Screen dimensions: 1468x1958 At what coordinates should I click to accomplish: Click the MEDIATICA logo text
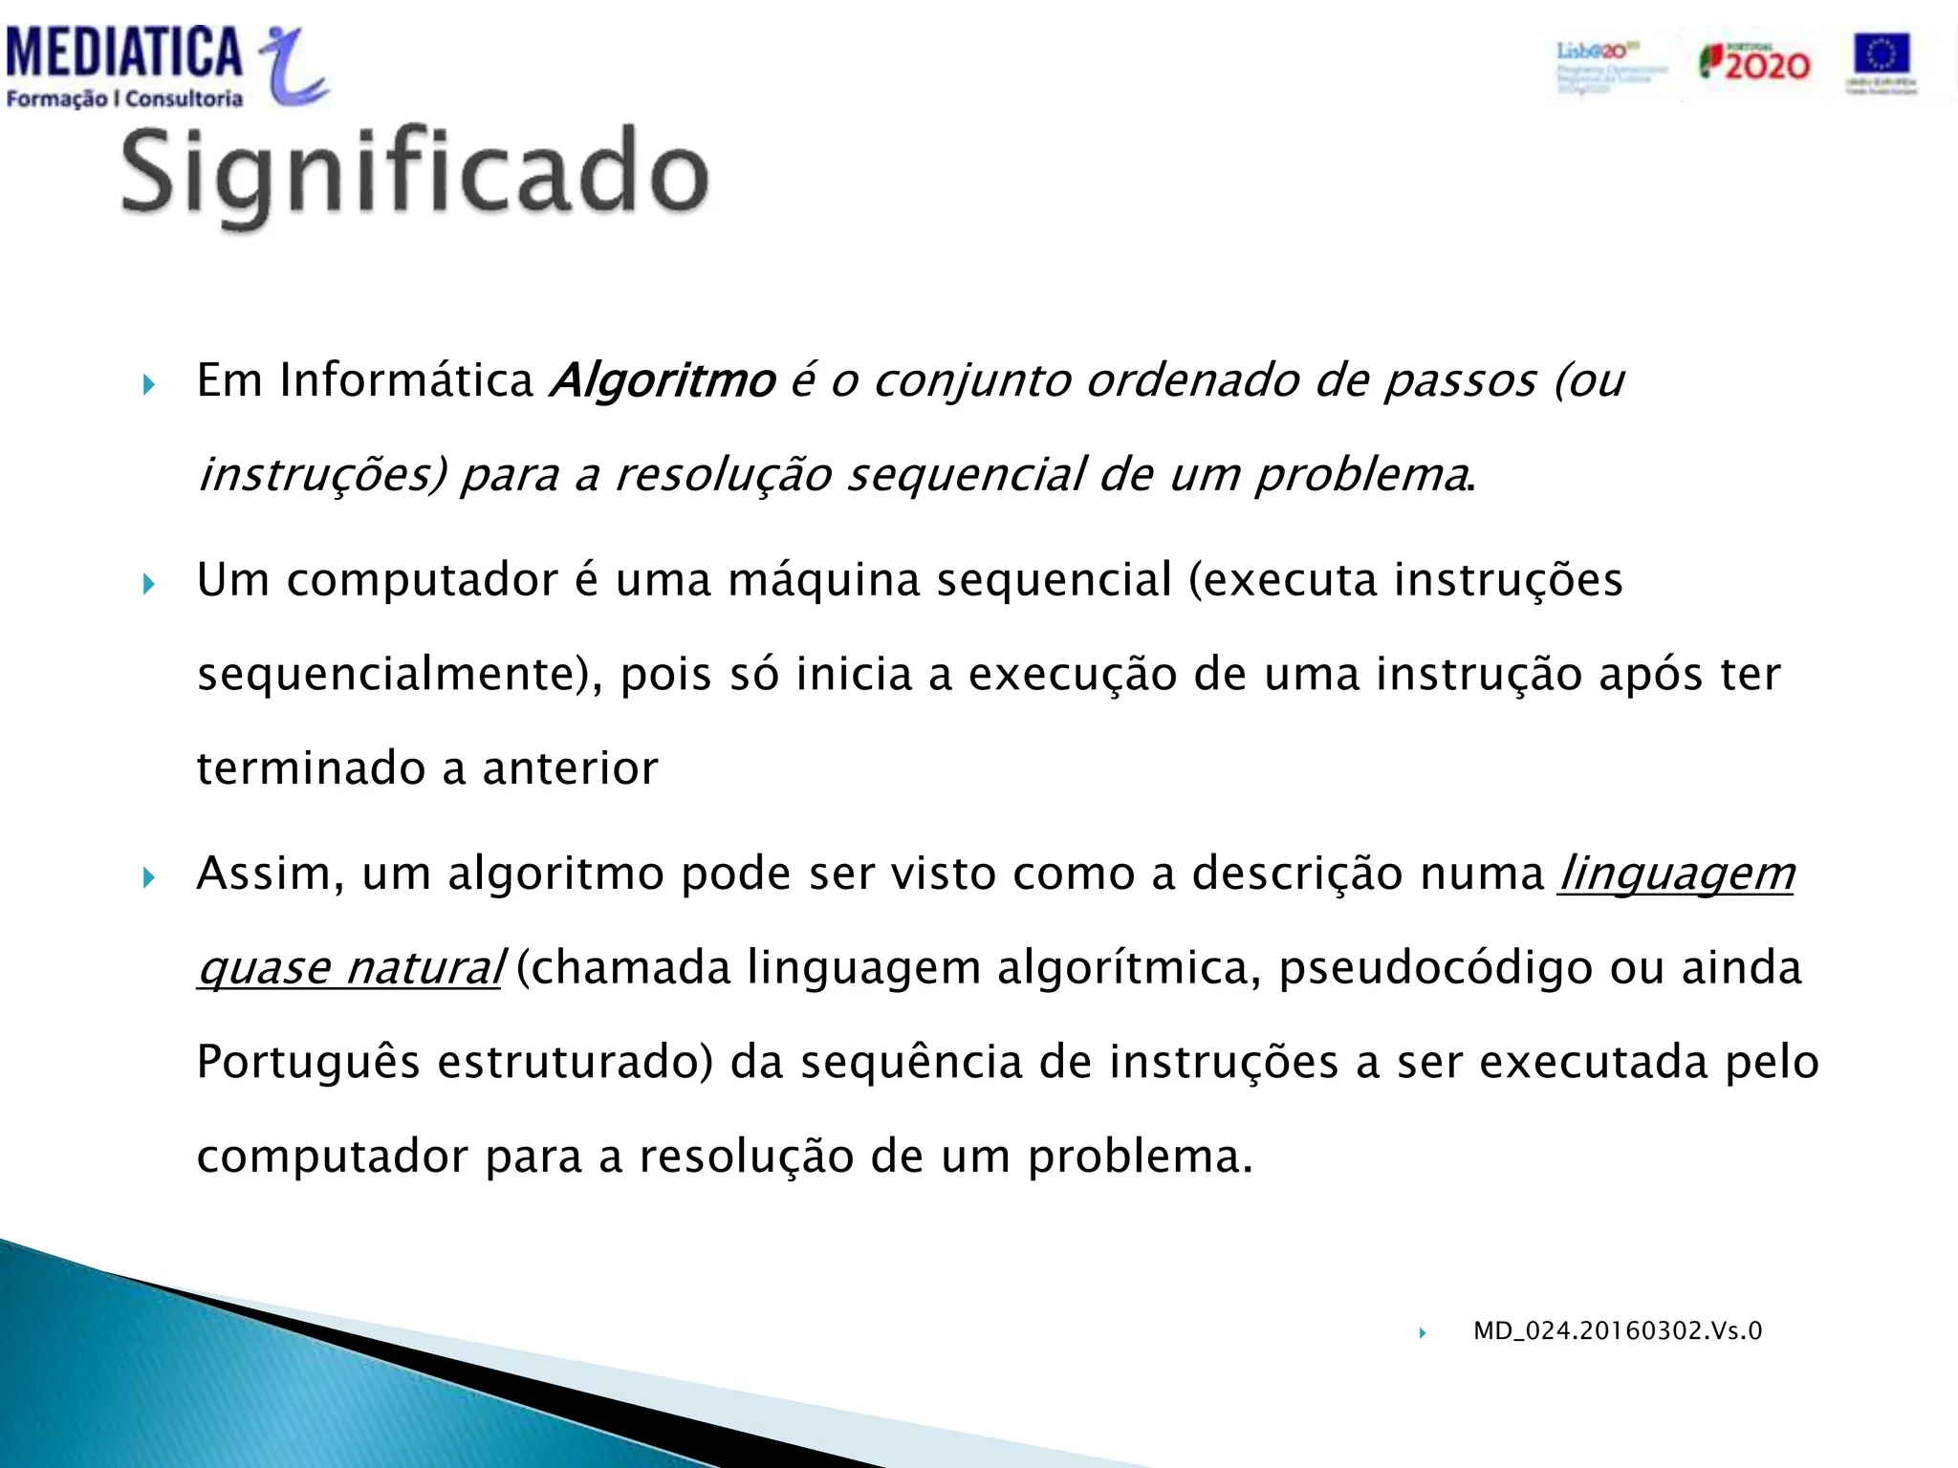pos(124,53)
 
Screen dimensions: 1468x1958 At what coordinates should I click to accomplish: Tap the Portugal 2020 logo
pos(1754,63)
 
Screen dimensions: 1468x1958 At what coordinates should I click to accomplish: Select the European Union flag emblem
pos(1881,55)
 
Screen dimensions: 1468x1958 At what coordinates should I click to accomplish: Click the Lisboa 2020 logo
pos(1610,65)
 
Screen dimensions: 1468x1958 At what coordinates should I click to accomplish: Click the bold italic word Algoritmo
pos(663,380)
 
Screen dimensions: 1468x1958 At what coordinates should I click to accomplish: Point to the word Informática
pos(406,380)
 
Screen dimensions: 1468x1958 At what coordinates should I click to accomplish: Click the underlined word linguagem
pos(1676,874)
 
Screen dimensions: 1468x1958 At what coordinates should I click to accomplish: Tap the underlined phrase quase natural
pos(349,968)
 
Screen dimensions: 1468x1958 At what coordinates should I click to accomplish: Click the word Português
pos(308,1062)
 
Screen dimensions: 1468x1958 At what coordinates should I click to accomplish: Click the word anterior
pos(570,768)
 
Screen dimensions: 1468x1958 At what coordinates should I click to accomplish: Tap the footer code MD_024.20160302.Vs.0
pos(1618,1330)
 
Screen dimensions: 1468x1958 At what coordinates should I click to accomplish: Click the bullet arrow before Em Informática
pos(148,385)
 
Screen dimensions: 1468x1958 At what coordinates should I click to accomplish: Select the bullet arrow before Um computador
pos(148,584)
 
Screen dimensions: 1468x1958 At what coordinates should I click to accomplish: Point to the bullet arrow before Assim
pos(148,877)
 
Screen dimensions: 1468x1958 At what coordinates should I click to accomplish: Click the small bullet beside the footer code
pos(1423,1333)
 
